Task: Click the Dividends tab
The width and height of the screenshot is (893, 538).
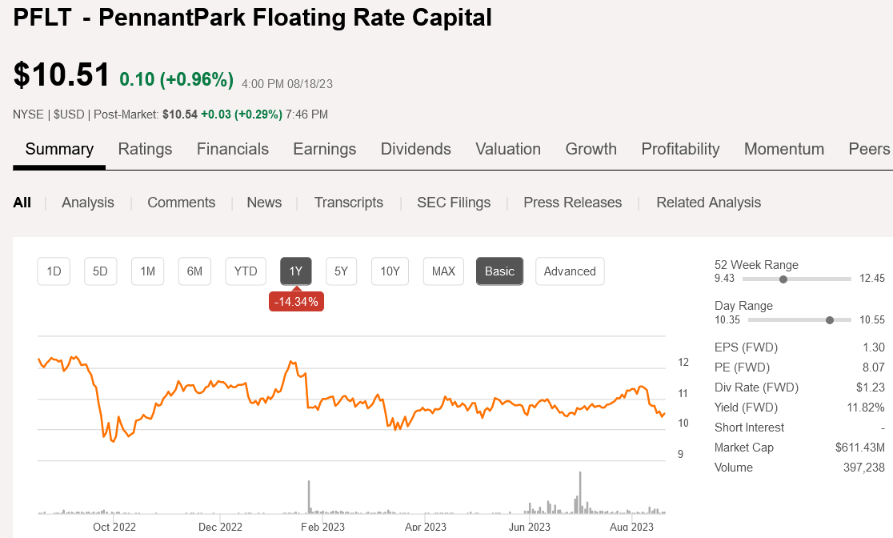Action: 415,149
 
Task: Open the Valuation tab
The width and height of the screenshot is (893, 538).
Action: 508,149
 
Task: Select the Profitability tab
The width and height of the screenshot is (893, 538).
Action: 680,149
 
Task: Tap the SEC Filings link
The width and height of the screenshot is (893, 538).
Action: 454,203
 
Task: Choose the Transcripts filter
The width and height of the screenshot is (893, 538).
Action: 349,203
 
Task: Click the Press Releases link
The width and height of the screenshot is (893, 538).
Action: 572,203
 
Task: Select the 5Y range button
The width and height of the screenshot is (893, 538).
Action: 342,271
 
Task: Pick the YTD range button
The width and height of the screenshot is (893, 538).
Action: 246,271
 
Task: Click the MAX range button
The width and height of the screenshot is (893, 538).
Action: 443,271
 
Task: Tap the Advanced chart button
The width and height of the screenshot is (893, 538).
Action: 570,271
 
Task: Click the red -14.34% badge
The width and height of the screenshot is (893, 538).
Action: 296,302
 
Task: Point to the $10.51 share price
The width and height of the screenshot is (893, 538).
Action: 62,74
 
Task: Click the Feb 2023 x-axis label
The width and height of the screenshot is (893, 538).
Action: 322,527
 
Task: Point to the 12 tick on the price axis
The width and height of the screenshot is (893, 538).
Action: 683,362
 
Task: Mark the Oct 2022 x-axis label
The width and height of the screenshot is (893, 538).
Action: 114,527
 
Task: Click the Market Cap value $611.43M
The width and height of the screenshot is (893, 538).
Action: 860,448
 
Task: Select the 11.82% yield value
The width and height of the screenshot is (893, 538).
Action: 866,408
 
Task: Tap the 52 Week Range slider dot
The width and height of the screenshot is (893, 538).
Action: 783,279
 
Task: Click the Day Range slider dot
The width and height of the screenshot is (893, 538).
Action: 829,320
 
